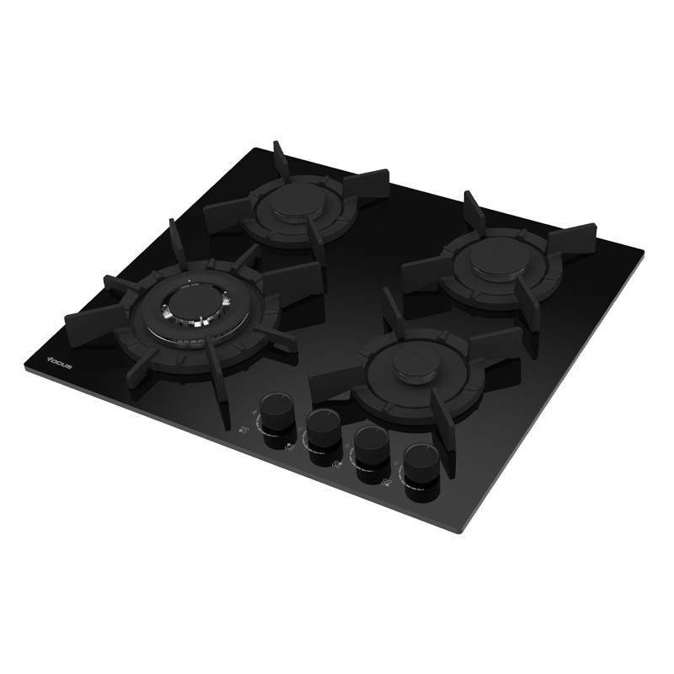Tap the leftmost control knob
(276, 420)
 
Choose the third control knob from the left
(372, 456)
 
